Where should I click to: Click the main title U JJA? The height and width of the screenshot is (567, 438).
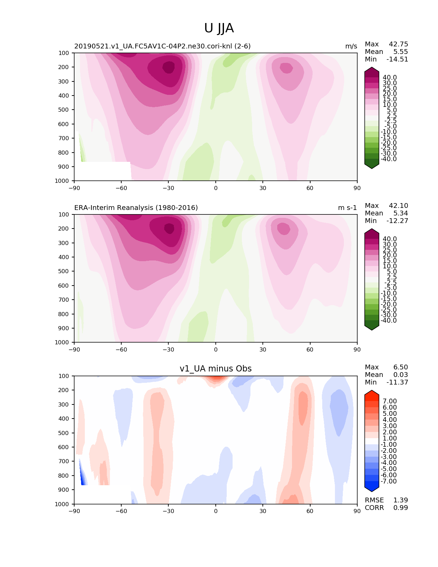point(218,28)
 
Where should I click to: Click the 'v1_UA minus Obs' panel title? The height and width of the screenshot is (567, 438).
point(215,368)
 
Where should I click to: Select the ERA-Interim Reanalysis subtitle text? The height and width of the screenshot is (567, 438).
point(136,208)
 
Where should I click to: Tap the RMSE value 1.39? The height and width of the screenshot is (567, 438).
point(401,500)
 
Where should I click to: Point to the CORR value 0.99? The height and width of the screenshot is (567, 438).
point(401,508)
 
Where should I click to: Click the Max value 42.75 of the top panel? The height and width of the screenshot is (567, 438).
point(398,44)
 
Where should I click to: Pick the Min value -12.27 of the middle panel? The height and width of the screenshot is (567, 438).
point(397,221)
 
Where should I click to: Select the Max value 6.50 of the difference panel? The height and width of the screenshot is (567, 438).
point(401,367)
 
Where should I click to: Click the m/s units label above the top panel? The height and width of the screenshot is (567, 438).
point(351,46)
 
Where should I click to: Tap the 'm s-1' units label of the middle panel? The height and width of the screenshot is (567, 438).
point(347,208)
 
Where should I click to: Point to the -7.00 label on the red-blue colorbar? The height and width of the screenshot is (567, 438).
point(389,481)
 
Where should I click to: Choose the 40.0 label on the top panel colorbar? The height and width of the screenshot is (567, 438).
point(390,77)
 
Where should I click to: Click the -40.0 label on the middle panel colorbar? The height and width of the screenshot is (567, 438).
point(389,320)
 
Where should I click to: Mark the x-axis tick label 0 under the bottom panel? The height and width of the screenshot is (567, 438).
point(215,511)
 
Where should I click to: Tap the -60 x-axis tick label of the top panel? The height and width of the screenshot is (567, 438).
point(121,188)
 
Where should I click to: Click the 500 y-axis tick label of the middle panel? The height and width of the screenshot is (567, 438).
point(64,271)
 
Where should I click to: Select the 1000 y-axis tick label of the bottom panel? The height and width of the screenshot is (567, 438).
point(62,504)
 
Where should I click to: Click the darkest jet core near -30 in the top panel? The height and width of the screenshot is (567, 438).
point(169,67)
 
